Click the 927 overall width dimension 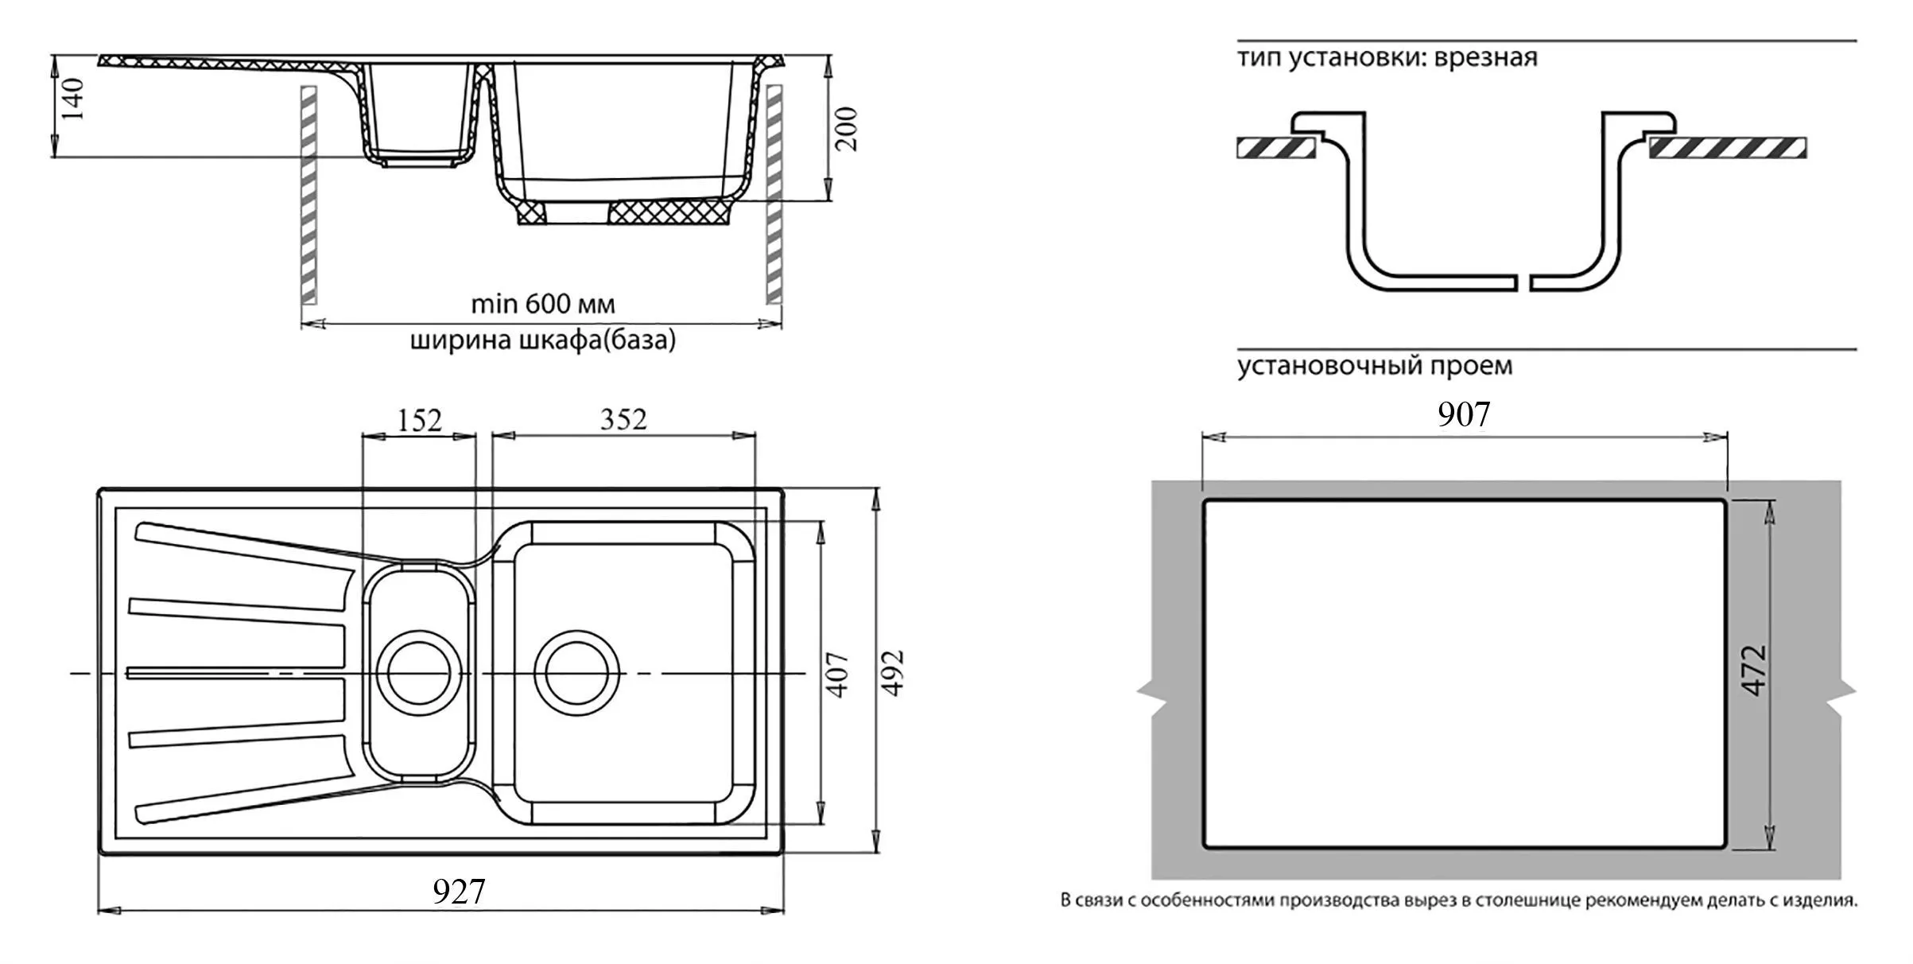pyautogui.click(x=459, y=892)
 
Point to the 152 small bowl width pyautogui.click(x=419, y=419)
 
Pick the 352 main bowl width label pyautogui.click(x=623, y=419)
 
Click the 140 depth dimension pyautogui.click(x=74, y=98)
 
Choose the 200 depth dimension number pyautogui.click(x=848, y=128)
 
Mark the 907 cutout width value pyautogui.click(x=1464, y=414)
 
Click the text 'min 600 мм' pyautogui.click(x=543, y=304)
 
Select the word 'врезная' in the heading pyautogui.click(x=1486, y=57)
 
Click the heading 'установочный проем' pyautogui.click(x=1375, y=366)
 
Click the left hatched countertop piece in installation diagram pyautogui.click(x=1275, y=148)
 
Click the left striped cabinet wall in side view pyautogui.click(x=309, y=194)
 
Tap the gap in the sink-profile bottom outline pyautogui.click(x=1524, y=283)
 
